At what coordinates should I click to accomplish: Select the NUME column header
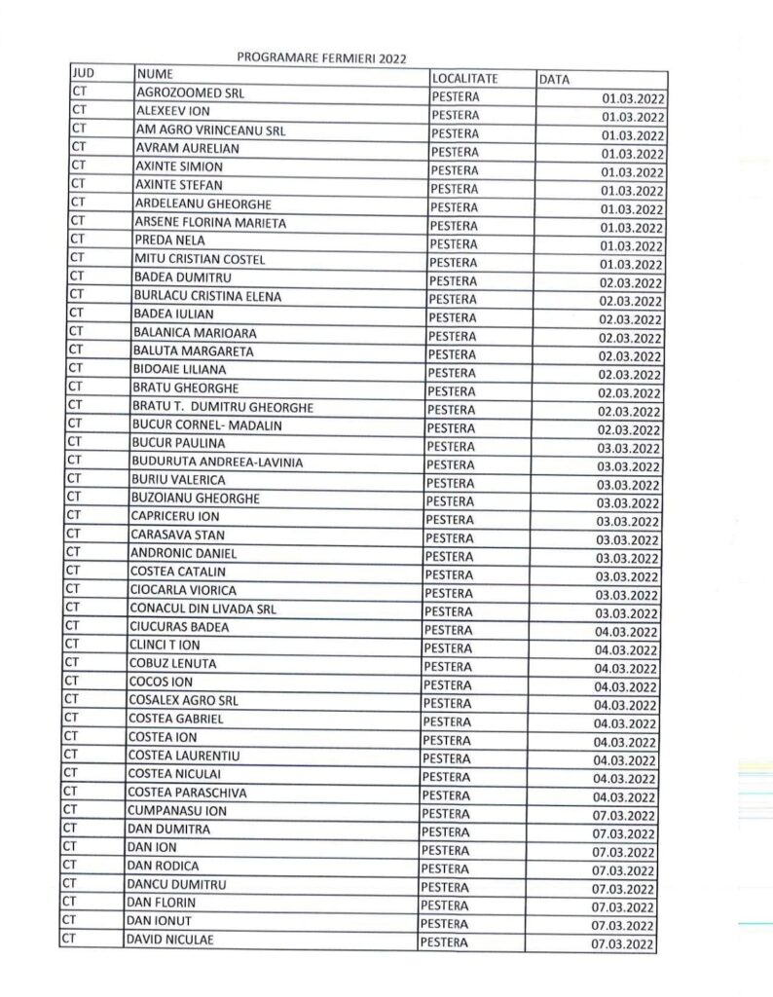click(x=155, y=74)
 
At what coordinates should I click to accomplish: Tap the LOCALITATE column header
click(x=465, y=77)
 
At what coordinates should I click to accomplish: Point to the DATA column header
click(x=554, y=79)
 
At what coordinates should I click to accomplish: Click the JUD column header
click(x=83, y=73)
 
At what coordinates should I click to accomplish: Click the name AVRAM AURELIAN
click(x=187, y=148)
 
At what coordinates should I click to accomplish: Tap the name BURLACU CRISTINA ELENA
click(x=208, y=296)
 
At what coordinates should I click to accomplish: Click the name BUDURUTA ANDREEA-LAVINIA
click(x=216, y=462)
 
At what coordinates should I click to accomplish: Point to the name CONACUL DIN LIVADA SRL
click(x=196, y=609)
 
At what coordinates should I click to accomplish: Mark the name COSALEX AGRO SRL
click(x=183, y=701)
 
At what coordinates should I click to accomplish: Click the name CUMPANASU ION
click(x=176, y=811)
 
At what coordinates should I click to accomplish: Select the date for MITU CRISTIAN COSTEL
click(x=632, y=264)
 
